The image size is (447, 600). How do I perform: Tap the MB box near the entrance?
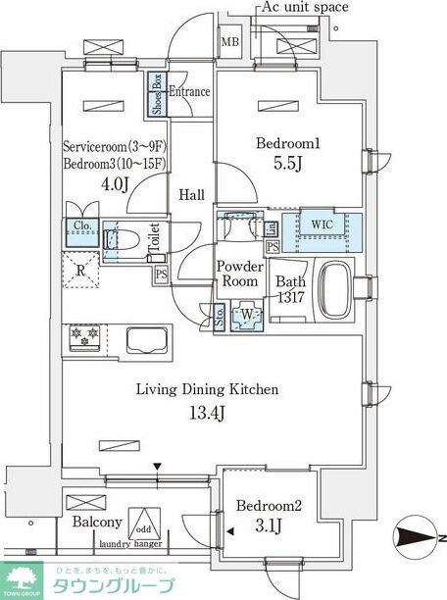(229, 42)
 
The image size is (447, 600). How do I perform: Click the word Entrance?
(189, 91)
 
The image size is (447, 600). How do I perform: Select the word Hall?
(192, 195)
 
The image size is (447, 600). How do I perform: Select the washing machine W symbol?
(246, 316)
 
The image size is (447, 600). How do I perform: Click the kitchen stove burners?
(85, 337)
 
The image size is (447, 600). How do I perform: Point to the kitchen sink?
(148, 340)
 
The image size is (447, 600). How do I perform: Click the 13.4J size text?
(207, 410)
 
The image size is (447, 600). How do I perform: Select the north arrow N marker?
(416, 536)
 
